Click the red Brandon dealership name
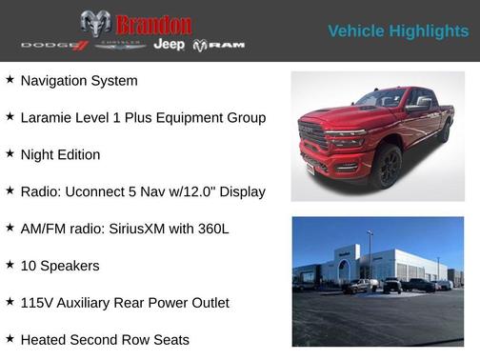153,24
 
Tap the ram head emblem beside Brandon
95,24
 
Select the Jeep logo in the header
169,45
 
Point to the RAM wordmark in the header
219,46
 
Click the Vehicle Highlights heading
398,31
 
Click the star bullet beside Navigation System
10,80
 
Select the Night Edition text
60,154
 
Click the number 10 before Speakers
28,266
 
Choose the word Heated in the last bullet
44,340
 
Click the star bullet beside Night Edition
10,154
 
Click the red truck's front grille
315,139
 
